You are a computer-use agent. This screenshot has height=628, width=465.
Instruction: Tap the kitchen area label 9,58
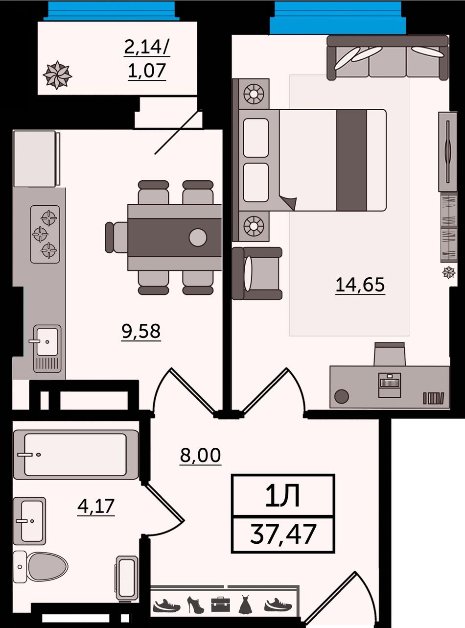[141, 331]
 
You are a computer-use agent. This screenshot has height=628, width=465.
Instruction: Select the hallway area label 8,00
[200, 455]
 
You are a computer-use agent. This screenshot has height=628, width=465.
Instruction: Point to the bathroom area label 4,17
[96, 506]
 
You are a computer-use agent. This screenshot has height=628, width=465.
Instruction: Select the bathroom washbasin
[29, 520]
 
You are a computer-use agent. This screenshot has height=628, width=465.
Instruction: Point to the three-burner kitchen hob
[45, 234]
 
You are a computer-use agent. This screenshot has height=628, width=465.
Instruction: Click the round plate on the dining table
[198, 237]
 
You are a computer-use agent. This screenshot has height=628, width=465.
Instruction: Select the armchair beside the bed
[257, 273]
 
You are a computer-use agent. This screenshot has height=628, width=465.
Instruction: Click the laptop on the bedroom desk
[390, 385]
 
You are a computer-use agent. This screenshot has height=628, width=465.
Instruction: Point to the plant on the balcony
[57, 75]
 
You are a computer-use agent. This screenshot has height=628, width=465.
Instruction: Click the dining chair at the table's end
[116, 237]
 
